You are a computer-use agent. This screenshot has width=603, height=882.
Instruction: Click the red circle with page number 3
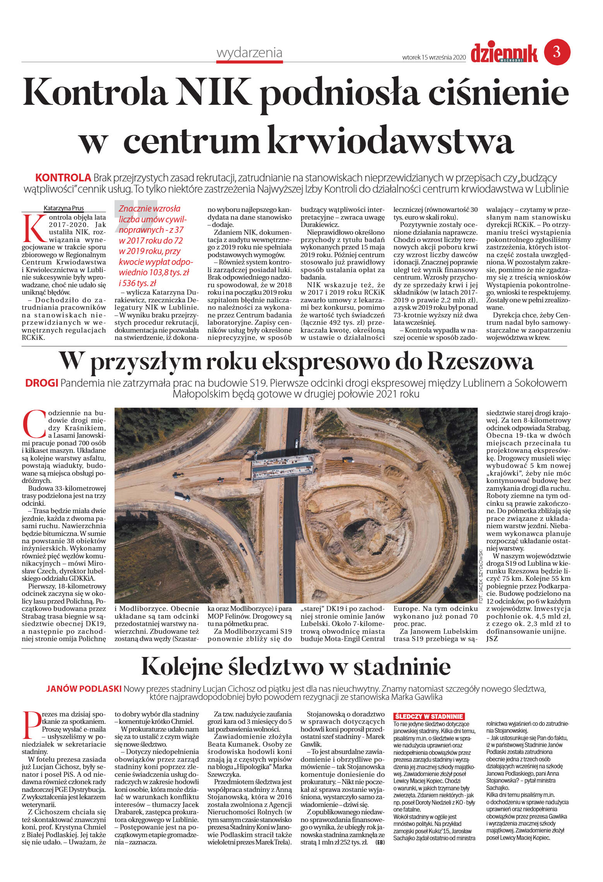(x=557, y=52)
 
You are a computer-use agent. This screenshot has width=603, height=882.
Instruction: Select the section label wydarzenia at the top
(x=249, y=53)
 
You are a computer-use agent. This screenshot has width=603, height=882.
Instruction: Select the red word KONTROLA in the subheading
(x=63, y=178)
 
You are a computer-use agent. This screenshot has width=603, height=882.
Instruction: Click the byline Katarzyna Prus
(x=63, y=208)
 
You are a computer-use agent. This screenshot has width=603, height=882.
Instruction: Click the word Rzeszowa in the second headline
(x=480, y=362)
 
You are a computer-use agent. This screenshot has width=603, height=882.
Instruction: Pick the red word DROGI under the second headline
(x=41, y=383)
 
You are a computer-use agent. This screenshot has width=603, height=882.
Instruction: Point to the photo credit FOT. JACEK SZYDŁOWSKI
(x=481, y=576)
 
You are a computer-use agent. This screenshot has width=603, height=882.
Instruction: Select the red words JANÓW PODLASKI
(x=84, y=689)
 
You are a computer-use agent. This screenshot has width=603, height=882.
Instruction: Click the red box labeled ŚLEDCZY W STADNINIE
(x=428, y=717)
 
